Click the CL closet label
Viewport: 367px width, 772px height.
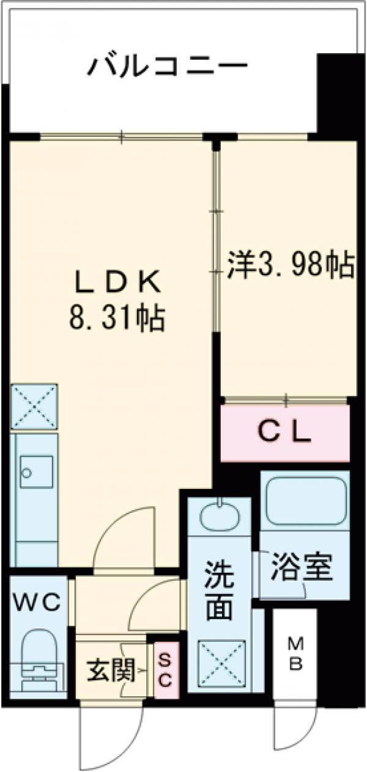tap(284, 433)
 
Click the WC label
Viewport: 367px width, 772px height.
tap(37, 604)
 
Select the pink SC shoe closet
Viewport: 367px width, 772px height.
tap(165, 670)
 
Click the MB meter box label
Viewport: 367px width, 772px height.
tap(295, 652)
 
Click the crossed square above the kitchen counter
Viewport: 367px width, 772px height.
tap(34, 406)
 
